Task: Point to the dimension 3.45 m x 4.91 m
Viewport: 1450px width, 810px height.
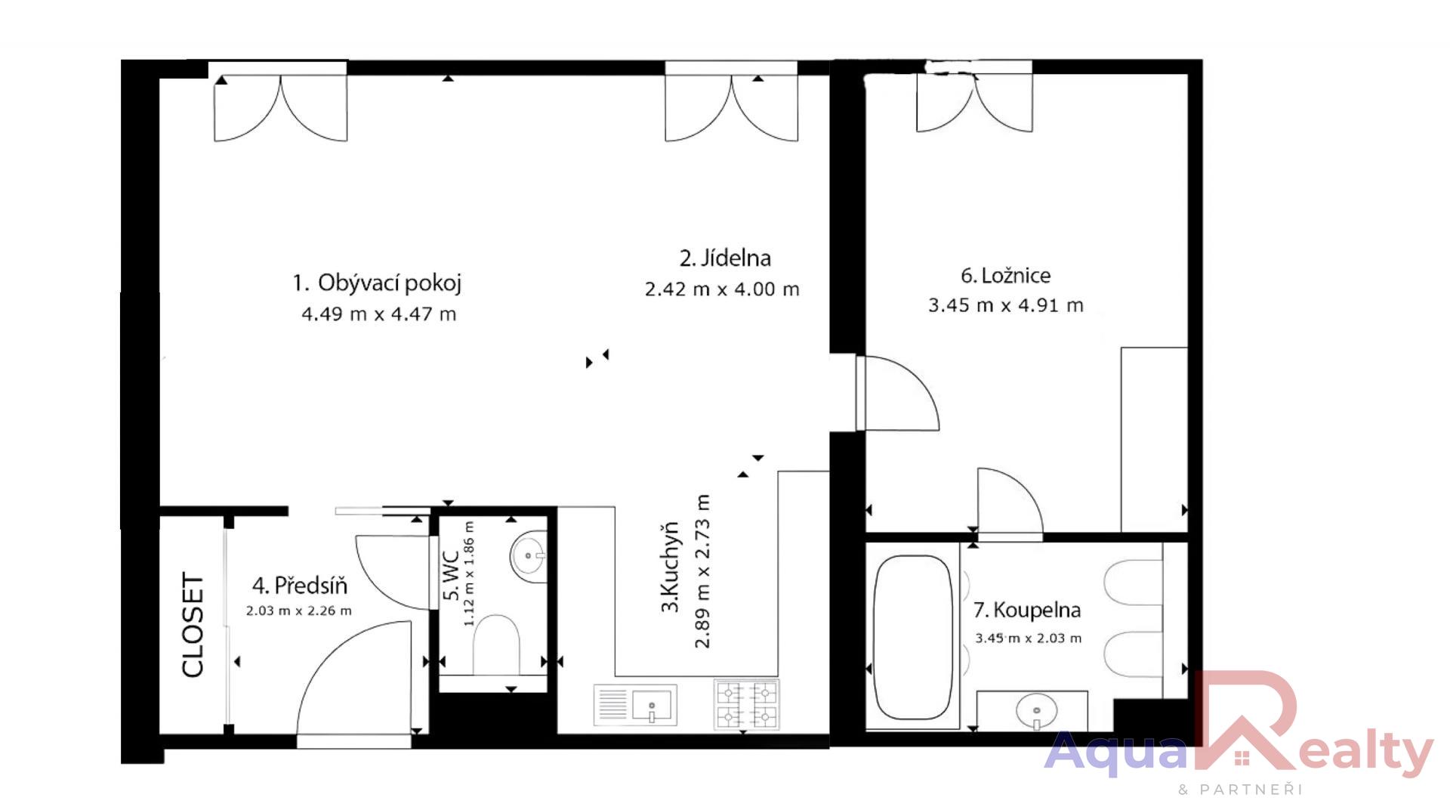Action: (1005, 305)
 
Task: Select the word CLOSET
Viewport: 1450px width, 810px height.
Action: (193, 625)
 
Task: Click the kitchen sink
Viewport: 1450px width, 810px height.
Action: (635, 705)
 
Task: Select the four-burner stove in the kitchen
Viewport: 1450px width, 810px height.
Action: (746, 704)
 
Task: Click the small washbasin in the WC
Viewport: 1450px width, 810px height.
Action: (529, 556)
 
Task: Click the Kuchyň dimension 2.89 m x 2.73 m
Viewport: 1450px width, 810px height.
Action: (702, 571)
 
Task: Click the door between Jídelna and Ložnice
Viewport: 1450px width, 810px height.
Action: (896, 393)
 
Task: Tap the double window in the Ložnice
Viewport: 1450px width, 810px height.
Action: (974, 98)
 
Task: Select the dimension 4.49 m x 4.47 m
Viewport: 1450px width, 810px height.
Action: (379, 314)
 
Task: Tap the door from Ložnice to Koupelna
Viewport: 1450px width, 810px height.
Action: (1010, 502)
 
